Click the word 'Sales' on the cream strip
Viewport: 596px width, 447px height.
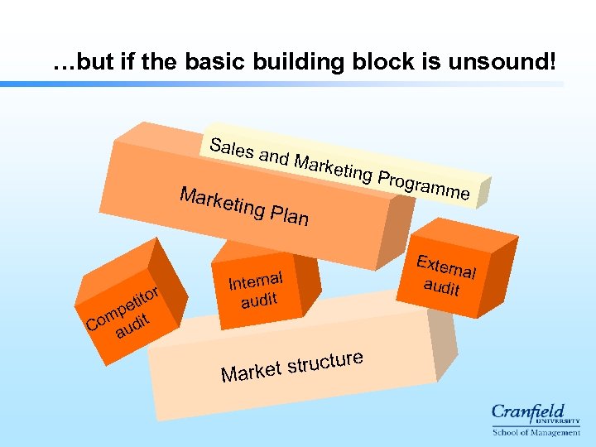click(232, 150)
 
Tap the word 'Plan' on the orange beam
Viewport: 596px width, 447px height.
click(287, 216)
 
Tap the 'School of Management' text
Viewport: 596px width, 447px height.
click(536, 432)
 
